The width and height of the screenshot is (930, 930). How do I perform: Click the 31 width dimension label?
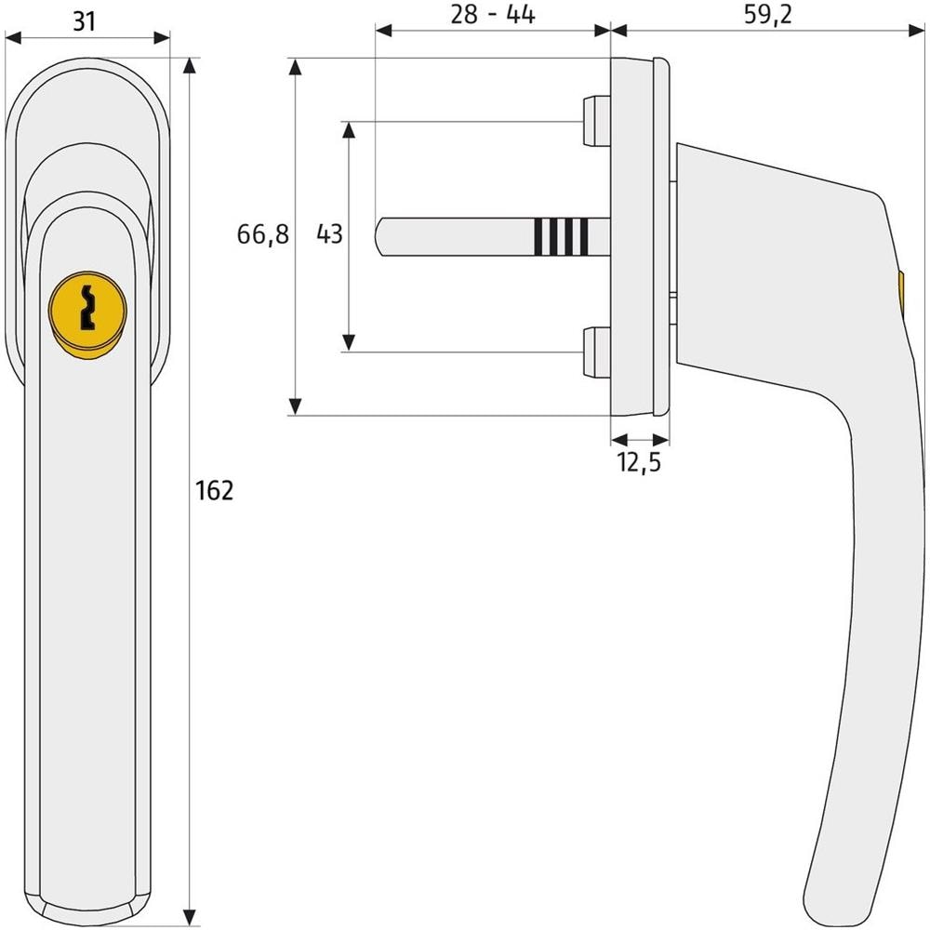coord(85,21)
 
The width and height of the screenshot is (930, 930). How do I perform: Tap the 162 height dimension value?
coord(215,490)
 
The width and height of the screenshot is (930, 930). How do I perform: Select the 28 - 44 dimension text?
coord(493,15)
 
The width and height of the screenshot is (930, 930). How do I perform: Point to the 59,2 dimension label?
coord(768,15)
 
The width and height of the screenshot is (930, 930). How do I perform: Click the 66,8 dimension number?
coord(263,234)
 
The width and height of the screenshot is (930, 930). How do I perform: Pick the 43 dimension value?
coord(330,233)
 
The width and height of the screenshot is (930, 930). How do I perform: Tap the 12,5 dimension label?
coord(640,462)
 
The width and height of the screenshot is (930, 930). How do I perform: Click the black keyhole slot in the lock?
coord(87,307)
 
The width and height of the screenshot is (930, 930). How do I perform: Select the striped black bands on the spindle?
coord(561,236)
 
